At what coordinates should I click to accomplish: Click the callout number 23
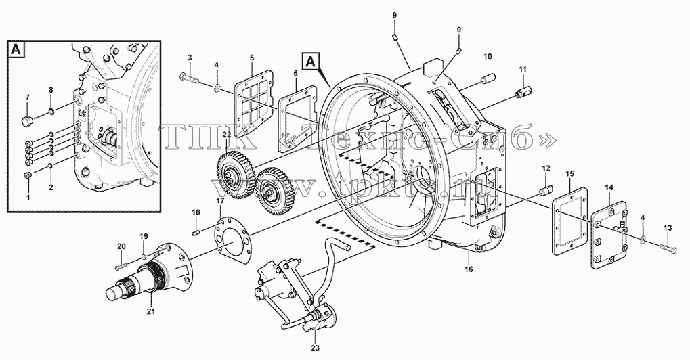(x=315, y=348)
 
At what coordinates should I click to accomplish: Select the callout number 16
(x=469, y=269)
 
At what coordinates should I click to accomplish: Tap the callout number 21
(x=151, y=312)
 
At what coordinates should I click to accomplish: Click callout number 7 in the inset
(x=27, y=97)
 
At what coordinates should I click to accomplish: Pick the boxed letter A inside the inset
(x=16, y=49)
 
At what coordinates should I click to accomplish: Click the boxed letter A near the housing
(x=310, y=61)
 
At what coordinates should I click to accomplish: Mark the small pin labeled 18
(x=197, y=232)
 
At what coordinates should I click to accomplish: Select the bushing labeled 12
(x=546, y=192)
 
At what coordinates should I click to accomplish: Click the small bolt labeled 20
(x=121, y=267)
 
